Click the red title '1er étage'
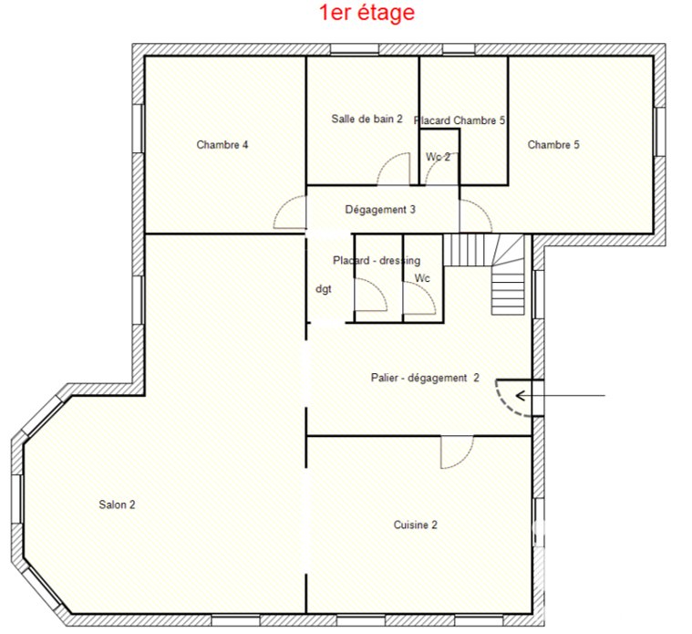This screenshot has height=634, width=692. coord(367,13)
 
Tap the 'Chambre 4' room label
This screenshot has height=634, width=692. coord(222,145)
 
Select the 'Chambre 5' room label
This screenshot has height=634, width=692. coord(553,145)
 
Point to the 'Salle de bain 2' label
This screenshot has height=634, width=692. coord(367,119)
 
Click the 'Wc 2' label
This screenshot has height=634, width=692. coord(438,157)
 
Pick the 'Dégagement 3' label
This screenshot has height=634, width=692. coord(380,209)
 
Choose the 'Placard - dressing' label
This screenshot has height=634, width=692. coord(377,261)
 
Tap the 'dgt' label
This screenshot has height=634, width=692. coord(324,289)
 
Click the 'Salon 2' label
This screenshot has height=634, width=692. coord(117,504)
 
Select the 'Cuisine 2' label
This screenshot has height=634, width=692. coord(415,525)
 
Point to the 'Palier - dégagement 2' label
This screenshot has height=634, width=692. coord(425,378)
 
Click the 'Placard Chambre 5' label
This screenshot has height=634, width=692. coord(460,120)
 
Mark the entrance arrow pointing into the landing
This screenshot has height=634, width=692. coord(560,396)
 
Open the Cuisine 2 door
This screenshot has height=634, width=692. coord(457,452)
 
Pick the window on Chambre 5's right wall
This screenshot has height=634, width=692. coord(659,131)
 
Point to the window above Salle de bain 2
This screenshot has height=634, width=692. coord(355,49)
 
